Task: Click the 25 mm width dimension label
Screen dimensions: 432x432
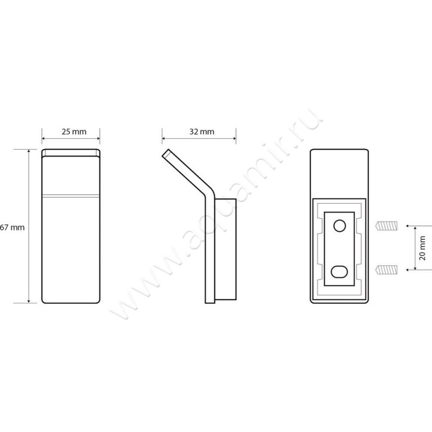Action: (x=74, y=132)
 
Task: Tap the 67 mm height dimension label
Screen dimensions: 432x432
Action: (x=12, y=227)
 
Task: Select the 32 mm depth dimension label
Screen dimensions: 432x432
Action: (x=201, y=132)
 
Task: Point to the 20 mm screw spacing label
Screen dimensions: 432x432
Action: (x=422, y=248)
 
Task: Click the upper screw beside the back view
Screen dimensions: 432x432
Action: (x=386, y=226)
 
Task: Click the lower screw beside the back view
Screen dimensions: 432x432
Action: (x=386, y=269)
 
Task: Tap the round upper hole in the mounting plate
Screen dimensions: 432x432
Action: (x=340, y=226)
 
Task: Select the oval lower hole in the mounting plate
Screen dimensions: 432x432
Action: (x=340, y=272)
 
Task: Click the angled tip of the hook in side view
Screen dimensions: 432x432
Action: (x=165, y=153)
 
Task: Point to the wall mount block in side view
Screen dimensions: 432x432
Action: (x=225, y=249)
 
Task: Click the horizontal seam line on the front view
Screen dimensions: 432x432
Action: (x=71, y=197)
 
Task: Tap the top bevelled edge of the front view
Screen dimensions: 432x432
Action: (x=71, y=153)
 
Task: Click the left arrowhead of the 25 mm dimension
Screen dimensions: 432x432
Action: (x=44, y=138)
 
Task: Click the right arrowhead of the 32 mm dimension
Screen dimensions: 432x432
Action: (x=234, y=138)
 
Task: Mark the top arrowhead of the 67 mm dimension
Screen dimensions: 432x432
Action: (x=29, y=151)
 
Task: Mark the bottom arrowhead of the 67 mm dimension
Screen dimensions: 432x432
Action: (x=29, y=301)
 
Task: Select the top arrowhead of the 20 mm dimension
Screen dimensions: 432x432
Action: (x=415, y=228)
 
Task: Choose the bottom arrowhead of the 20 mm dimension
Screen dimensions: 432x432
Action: (x=415, y=268)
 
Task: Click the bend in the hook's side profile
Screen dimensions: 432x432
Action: (x=208, y=191)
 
